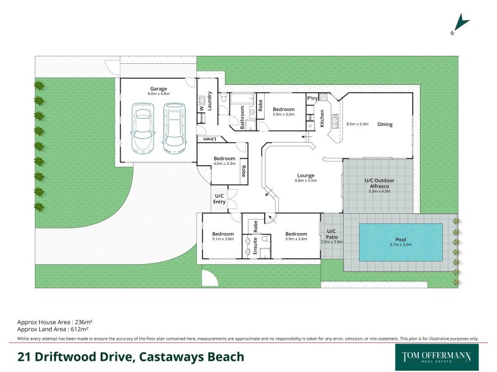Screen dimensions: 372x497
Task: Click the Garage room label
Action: [x=158, y=89]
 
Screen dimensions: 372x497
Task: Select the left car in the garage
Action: [x=144, y=127]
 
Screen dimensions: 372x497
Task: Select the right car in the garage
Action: [x=174, y=127]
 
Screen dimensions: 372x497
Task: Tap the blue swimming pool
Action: [x=401, y=242]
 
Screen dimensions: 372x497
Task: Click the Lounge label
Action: [x=306, y=175]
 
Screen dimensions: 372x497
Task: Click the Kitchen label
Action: [x=322, y=118]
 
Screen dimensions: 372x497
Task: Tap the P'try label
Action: [x=312, y=99]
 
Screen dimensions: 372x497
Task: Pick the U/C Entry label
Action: [x=219, y=199]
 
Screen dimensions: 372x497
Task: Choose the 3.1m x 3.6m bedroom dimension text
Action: [x=222, y=239]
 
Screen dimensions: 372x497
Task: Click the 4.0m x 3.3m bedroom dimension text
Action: [x=224, y=164]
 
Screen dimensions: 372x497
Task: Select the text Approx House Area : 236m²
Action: [x=55, y=322]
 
